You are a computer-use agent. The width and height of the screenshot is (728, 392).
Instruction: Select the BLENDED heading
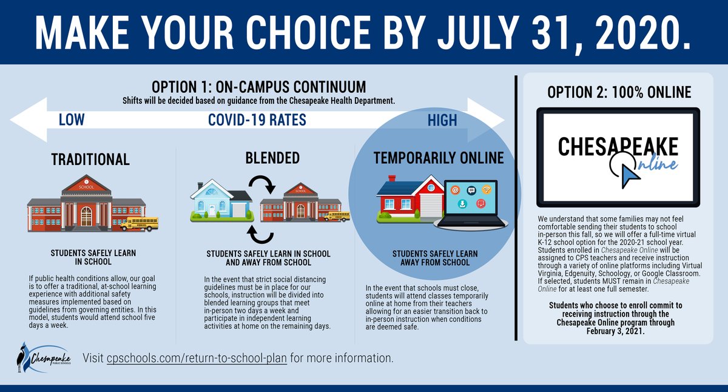[265, 158]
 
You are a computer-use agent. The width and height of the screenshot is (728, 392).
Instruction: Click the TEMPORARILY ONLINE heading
[439, 158]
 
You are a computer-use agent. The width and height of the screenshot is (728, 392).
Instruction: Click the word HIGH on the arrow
[442, 120]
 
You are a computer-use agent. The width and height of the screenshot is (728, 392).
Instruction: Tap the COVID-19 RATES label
[257, 120]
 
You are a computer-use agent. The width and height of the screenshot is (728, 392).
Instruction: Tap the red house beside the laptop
[408, 198]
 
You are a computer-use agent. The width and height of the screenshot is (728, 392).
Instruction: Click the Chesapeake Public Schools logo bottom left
[45, 358]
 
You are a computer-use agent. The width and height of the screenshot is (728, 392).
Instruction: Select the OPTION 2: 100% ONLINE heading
[619, 92]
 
